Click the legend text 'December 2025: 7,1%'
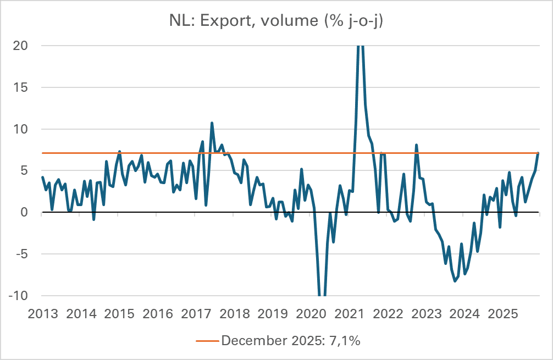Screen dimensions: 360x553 click(291, 341)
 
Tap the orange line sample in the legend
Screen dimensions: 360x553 click(207, 341)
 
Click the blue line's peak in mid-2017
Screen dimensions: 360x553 click(212, 123)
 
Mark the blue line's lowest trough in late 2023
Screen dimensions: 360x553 click(455, 281)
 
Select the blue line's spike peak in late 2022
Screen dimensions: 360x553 click(416, 145)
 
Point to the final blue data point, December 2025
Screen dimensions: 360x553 click(538, 153)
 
